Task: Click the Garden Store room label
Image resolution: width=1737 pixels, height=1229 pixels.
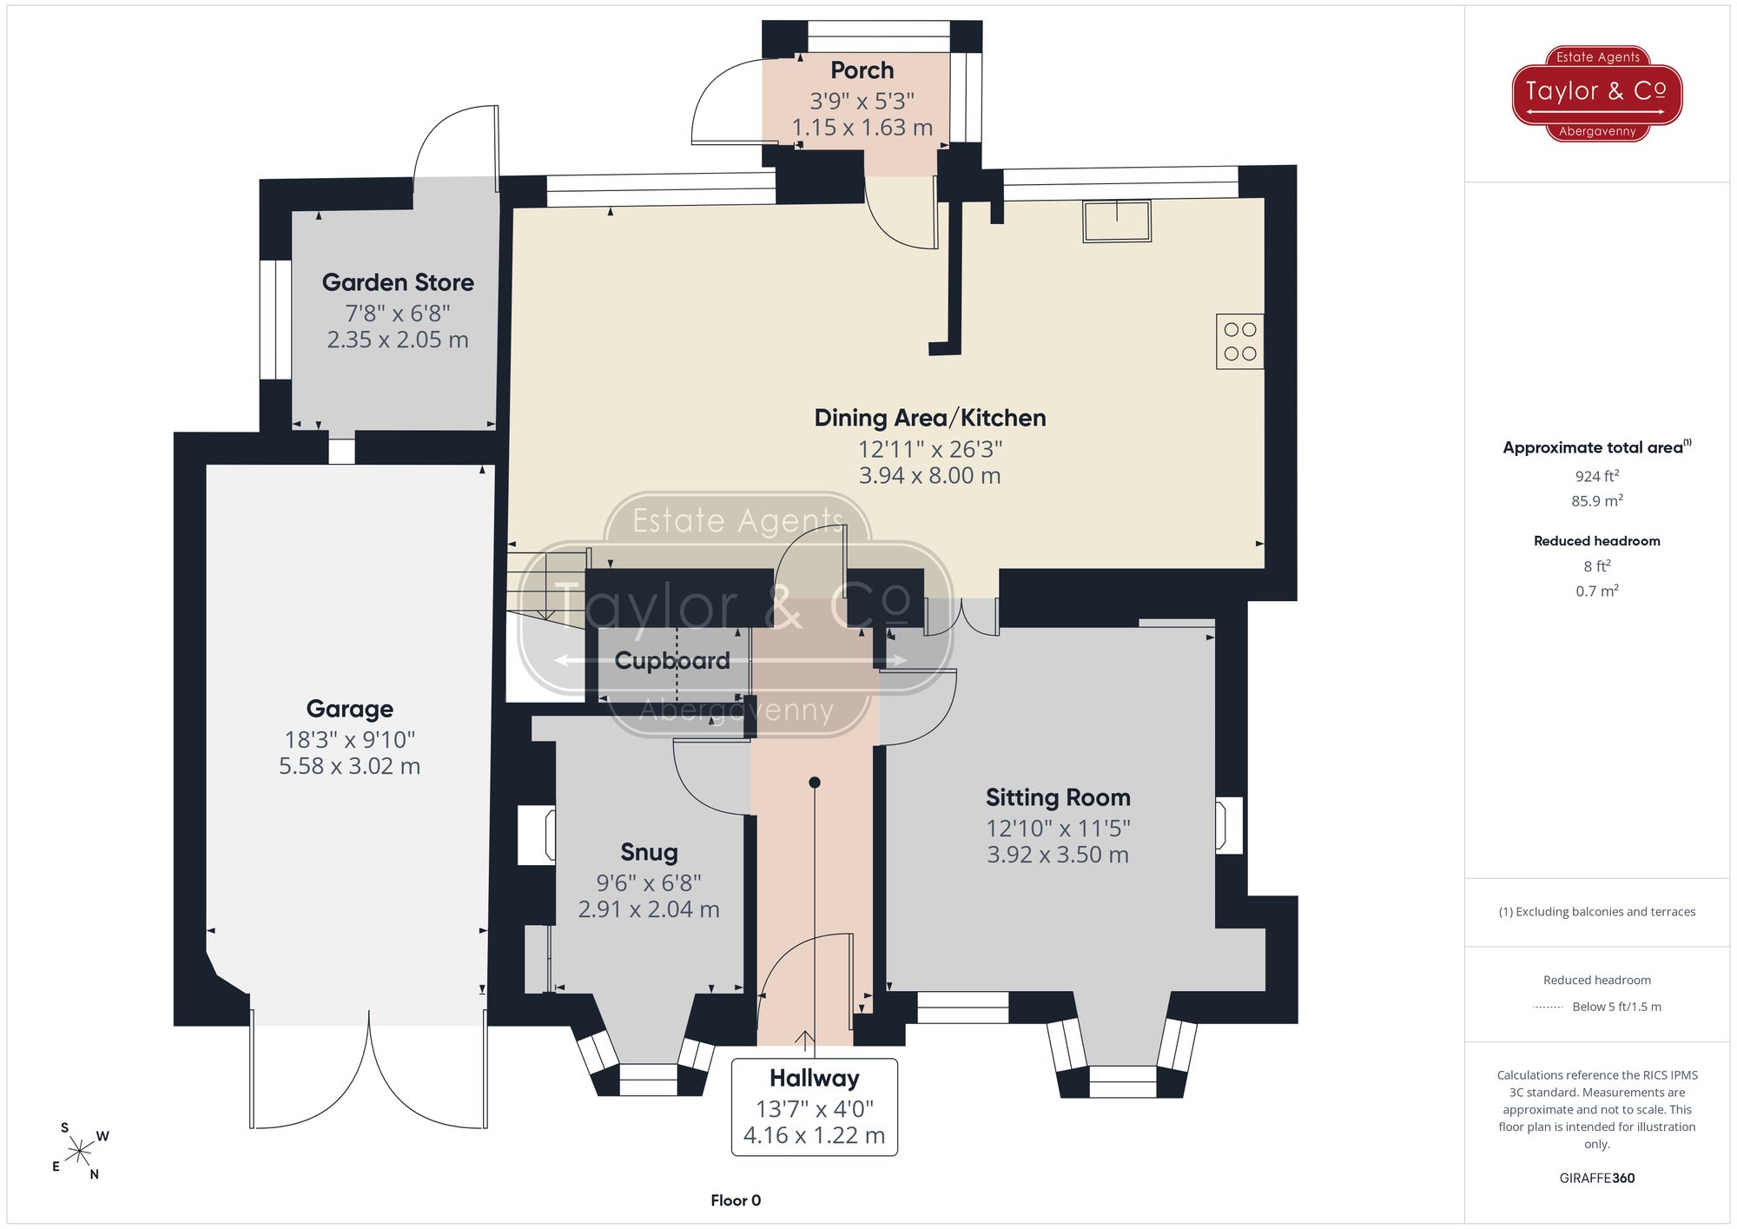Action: [x=398, y=282]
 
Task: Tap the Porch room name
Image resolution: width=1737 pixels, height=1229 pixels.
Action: [x=862, y=70]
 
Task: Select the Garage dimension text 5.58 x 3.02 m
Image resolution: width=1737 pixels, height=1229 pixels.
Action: [x=349, y=766]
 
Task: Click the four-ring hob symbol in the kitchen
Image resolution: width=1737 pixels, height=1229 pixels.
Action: [x=1239, y=341]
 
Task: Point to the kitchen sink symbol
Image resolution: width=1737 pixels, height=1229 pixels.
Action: [x=1117, y=221]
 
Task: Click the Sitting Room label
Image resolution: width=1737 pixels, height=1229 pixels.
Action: [x=1058, y=797]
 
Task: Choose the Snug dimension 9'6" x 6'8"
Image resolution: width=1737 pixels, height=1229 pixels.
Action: [x=649, y=883]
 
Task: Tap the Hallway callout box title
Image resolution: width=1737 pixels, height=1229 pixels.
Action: [x=815, y=1078]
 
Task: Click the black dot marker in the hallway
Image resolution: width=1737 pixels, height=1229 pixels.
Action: [x=815, y=783]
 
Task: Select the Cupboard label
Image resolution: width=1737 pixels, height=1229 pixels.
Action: [x=672, y=661]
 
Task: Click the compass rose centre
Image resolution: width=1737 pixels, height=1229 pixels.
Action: [x=80, y=1152]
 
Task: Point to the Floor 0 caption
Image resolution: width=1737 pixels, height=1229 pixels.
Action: [x=736, y=1200]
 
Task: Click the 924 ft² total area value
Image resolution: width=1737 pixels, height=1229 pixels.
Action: [x=1597, y=476]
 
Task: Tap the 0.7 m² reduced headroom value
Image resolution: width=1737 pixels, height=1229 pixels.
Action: [x=1597, y=591]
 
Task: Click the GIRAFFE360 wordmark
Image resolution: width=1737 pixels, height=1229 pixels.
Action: [x=1597, y=1179]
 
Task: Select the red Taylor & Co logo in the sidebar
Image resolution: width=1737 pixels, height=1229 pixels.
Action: [x=1597, y=93]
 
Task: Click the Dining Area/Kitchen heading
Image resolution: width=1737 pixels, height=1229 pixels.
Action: [x=929, y=418]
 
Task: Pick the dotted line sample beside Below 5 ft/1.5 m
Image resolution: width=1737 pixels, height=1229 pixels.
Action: [x=1548, y=1008]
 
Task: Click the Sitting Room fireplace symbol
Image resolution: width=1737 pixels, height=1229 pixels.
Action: [x=1228, y=825]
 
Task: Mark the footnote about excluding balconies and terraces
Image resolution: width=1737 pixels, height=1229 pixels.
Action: [x=1597, y=912]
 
